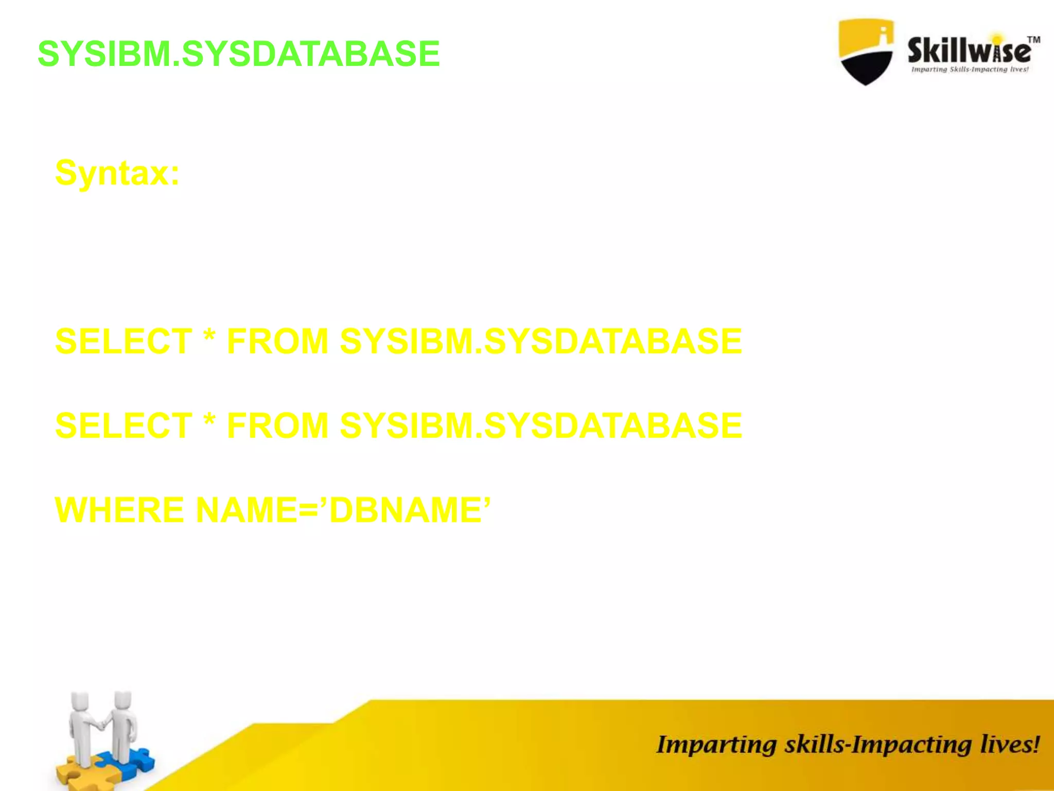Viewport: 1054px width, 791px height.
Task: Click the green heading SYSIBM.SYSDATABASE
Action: click(x=239, y=54)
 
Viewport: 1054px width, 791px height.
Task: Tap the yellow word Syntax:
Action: click(x=117, y=173)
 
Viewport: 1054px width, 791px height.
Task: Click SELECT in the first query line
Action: click(x=124, y=341)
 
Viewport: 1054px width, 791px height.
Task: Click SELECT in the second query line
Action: click(x=124, y=426)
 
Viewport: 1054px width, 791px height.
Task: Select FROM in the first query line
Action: click(x=277, y=341)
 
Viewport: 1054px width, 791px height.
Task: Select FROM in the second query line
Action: click(x=277, y=426)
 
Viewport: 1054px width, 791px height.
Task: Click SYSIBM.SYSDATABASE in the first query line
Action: click(x=541, y=341)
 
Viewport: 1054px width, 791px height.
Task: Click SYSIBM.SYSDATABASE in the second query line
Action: click(x=541, y=426)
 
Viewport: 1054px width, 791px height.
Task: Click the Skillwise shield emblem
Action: click(x=866, y=51)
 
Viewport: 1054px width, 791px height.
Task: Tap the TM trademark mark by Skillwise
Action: click(x=1033, y=40)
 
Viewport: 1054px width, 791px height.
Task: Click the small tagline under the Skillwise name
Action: click(x=970, y=70)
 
